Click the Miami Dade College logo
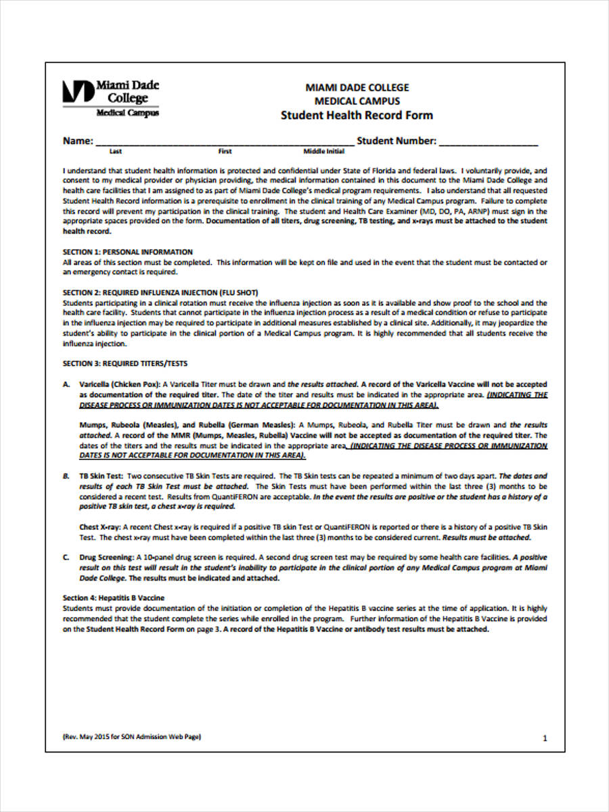pyautogui.click(x=111, y=97)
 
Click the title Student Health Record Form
pyautogui.click(x=357, y=115)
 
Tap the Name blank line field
pyautogui.click(x=223, y=142)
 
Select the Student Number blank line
pyautogui.click(x=489, y=142)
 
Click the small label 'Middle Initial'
pyautogui.click(x=324, y=152)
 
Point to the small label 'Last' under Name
pyautogui.click(x=116, y=152)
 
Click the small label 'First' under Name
pyautogui.click(x=225, y=152)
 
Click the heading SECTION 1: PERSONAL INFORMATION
pyautogui.click(x=128, y=252)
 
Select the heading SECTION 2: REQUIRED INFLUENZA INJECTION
pyautogui.click(x=160, y=292)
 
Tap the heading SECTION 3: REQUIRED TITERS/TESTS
pyautogui.click(x=125, y=363)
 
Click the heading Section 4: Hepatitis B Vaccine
pyautogui.click(x=114, y=598)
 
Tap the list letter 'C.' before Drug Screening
pyautogui.click(x=66, y=557)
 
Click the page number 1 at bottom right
pyautogui.click(x=545, y=739)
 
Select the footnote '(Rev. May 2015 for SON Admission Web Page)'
pyautogui.click(x=132, y=736)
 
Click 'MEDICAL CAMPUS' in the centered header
pyautogui.click(x=357, y=101)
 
